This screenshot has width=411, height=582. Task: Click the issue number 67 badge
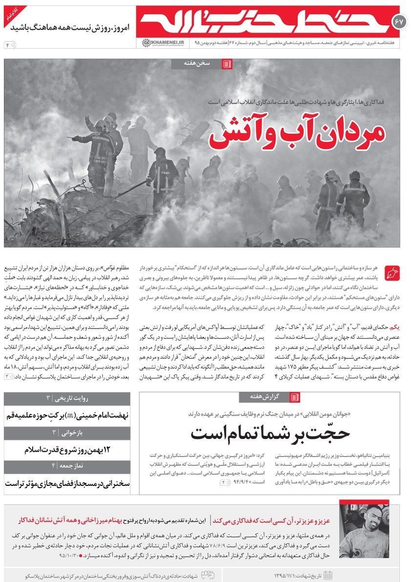point(400,21)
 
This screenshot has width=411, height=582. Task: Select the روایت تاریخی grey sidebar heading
point(67,398)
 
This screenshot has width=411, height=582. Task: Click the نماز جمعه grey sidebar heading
point(67,466)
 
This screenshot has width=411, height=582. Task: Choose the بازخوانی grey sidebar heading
point(67,433)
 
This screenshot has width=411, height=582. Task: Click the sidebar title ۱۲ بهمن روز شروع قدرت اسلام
point(67,449)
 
